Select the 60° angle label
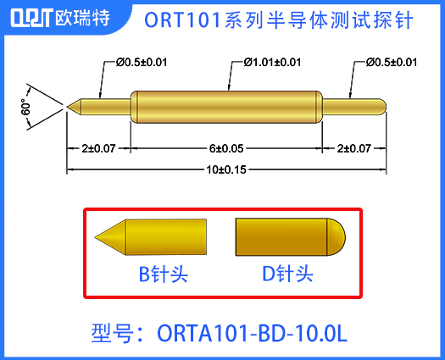(25, 108)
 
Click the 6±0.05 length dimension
(228, 148)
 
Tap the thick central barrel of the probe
(228, 107)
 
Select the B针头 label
(164, 274)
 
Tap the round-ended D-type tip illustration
(289, 234)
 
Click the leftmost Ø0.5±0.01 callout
(142, 63)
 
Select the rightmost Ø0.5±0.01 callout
(392, 63)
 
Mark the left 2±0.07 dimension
(99, 148)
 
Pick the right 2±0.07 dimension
(353, 148)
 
